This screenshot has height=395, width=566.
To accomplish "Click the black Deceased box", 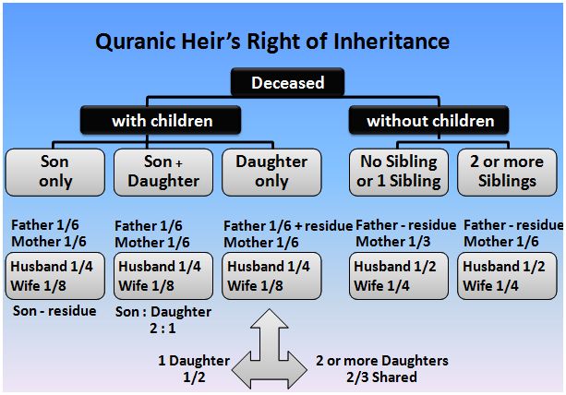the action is click(287, 82).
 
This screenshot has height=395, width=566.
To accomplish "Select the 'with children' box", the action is click(161, 121).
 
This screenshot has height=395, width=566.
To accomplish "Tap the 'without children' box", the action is click(428, 121).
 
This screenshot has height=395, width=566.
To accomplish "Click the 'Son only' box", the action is click(54, 172).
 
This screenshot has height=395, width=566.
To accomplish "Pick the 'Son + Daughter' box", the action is click(163, 172).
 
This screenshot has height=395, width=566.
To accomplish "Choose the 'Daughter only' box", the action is click(271, 172).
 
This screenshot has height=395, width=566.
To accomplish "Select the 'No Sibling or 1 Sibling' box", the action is click(399, 172).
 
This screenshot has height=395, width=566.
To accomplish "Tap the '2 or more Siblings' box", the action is click(507, 172).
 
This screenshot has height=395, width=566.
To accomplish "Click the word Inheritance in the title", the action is click(391, 42).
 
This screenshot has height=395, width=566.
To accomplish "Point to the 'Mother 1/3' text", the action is click(393, 241).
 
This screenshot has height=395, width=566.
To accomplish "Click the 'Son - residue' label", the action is click(54, 311).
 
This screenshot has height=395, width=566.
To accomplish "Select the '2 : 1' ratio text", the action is click(163, 329).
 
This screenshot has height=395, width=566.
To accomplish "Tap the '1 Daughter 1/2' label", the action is click(194, 368).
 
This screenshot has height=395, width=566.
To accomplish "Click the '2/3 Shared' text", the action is click(381, 377).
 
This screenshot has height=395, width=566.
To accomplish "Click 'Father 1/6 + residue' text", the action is click(288, 226).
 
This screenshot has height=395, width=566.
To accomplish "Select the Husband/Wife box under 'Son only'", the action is click(54, 276).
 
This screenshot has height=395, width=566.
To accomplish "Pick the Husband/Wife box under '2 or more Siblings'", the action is click(507, 276).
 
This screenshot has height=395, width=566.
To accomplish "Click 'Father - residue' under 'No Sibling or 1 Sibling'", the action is click(405, 225).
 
